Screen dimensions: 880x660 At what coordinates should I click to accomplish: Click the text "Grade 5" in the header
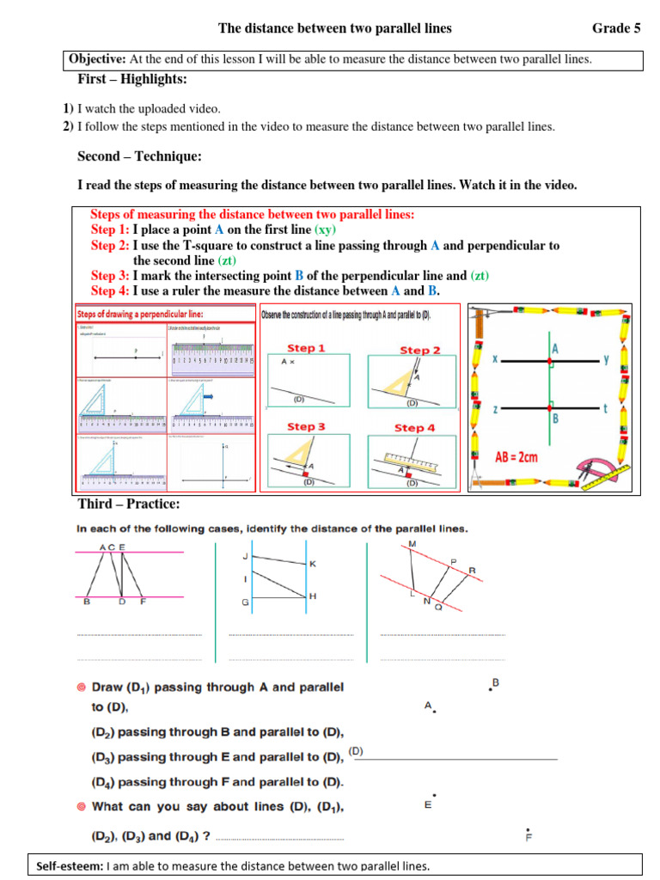coord(616,28)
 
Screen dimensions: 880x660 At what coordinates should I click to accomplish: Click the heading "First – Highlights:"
coord(131,79)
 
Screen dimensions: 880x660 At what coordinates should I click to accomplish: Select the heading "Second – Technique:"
coord(139,156)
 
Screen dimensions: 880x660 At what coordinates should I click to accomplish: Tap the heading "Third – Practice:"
coord(129,504)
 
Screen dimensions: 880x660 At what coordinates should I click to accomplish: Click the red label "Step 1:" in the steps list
coord(110,230)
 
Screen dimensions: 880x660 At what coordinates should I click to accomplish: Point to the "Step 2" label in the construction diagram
coord(419,350)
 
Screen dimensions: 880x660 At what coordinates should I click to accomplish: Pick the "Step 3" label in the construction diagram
coord(306,426)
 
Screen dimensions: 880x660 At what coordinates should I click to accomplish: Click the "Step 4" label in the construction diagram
coord(414,427)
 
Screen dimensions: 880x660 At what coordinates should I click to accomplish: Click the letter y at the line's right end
coord(606,360)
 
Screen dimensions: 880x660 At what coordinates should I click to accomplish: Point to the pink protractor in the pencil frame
coord(602,473)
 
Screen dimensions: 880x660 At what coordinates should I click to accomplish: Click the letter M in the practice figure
coord(412,545)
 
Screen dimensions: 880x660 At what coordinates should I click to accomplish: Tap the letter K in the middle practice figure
coord(313,564)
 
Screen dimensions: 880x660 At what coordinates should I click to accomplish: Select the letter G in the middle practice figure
coord(245,602)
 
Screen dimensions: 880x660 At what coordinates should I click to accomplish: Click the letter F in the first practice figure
coord(143,602)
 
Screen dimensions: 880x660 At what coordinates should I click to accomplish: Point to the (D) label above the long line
coord(355,751)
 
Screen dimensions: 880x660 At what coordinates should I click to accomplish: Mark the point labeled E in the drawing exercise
coord(427,804)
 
